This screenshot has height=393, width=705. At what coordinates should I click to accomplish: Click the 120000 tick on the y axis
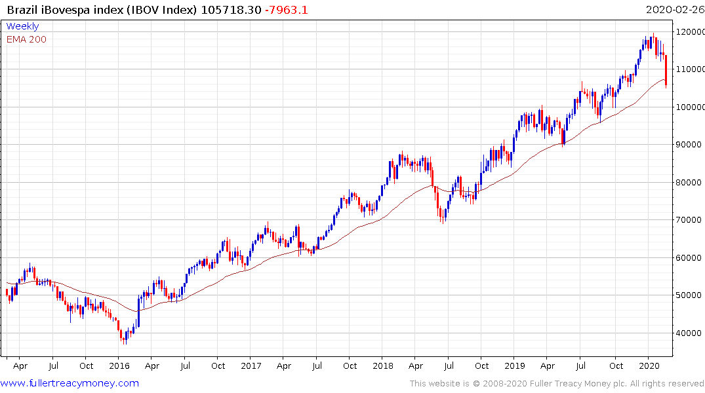[x=691, y=31]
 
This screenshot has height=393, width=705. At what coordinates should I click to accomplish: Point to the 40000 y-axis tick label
[x=689, y=333]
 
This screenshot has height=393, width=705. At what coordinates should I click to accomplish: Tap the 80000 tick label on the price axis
[x=689, y=183]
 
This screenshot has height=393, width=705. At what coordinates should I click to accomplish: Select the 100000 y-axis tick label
[x=691, y=107]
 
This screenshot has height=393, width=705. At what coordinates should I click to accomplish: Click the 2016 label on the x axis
[x=119, y=365]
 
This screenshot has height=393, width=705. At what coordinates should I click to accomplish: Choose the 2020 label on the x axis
[x=649, y=365]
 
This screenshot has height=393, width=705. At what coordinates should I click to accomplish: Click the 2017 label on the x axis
[x=251, y=365]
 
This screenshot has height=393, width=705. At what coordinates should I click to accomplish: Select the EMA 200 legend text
[x=26, y=39]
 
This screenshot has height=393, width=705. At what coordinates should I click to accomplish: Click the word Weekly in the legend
[x=22, y=27]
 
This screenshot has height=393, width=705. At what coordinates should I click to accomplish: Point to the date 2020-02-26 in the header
[x=673, y=10]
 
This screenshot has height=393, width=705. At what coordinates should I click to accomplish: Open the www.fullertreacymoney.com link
[x=70, y=383]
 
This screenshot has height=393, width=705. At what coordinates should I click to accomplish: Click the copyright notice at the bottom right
[x=557, y=384]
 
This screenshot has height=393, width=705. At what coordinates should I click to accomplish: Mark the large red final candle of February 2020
[x=666, y=71]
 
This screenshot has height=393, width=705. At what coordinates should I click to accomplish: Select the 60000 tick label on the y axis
[x=689, y=258]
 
